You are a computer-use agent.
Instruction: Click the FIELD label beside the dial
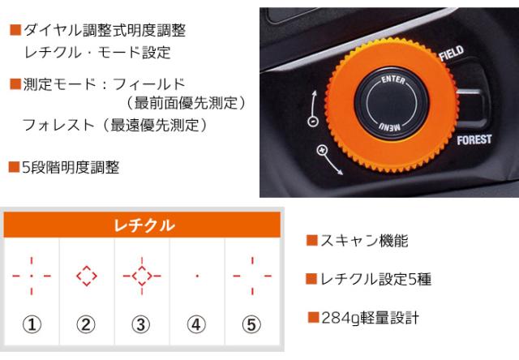[451, 56]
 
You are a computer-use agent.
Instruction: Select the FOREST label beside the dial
[474, 140]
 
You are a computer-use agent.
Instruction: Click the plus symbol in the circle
[322, 150]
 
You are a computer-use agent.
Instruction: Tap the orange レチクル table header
[143, 225]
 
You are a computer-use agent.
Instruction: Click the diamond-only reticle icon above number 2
[86, 276]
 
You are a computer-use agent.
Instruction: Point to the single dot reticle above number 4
[197, 276]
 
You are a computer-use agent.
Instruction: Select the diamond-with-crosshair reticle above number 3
[141, 276]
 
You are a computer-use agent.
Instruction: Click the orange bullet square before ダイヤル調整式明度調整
[14, 31]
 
